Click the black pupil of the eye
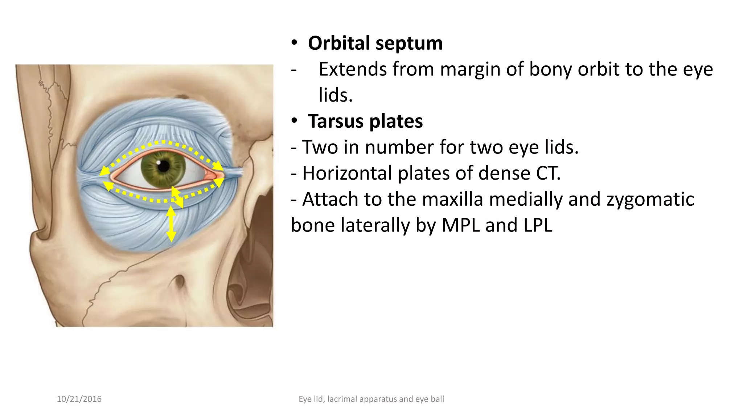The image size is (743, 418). point(164,166)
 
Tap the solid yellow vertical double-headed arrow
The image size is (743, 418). point(171,224)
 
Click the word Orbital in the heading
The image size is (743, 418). point(339,43)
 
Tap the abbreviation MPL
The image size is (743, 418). point(460,225)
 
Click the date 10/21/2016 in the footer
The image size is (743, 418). point(79,399)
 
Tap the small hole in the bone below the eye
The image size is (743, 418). point(179,281)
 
